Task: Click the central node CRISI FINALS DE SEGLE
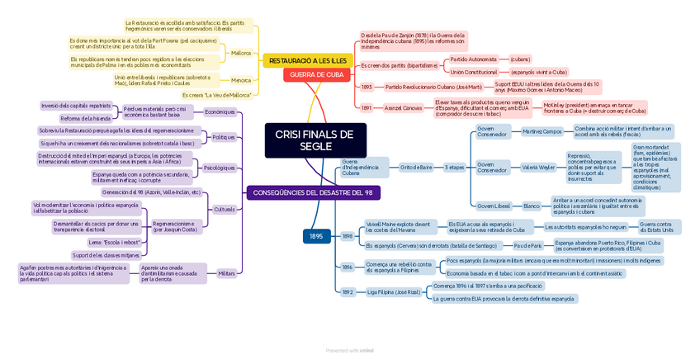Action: [314, 140]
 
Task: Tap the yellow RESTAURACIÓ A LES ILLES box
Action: [308, 61]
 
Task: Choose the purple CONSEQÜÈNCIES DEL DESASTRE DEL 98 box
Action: [313, 192]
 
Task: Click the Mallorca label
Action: [241, 53]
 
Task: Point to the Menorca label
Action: [241, 80]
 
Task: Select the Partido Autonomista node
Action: [473, 59]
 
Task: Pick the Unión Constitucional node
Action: [474, 72]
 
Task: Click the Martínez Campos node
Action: [542, 131]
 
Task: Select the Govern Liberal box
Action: [494, 206]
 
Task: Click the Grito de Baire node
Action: [416, 167]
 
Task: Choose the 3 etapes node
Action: [455, 167]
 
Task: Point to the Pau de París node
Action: [527, 245]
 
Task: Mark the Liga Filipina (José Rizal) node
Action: [394, 291]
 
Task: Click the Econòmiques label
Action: [220, 111]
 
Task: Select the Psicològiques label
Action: [219, 168]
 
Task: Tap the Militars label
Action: [226, 272]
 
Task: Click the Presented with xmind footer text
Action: [349, 350]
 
